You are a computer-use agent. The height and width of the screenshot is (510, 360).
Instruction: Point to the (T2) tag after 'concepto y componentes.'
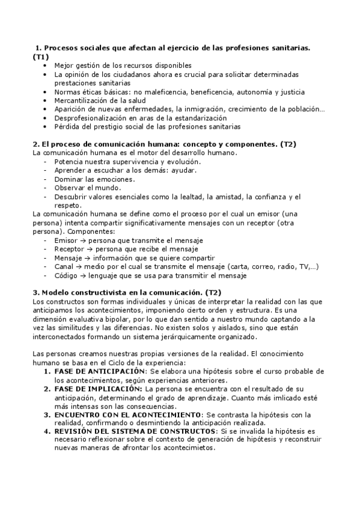click(288, 144)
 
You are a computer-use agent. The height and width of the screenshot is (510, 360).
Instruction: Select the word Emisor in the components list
click(66, 241)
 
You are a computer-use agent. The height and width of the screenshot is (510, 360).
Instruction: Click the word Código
click(66, 275)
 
